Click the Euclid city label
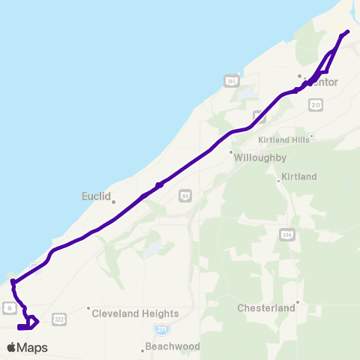coord(95,196)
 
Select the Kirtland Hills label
coord(283,139)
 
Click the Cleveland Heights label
coord(135,313)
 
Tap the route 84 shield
coord(184,195)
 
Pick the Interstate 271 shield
coord(160,329)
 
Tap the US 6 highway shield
coord(8,307)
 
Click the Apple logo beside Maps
coord(11,347)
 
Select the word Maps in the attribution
coord(32,347)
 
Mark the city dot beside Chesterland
coord(298,302)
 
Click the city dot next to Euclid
coord(112,201)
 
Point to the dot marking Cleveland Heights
coord(88,308)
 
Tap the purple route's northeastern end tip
coord(347,31)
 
